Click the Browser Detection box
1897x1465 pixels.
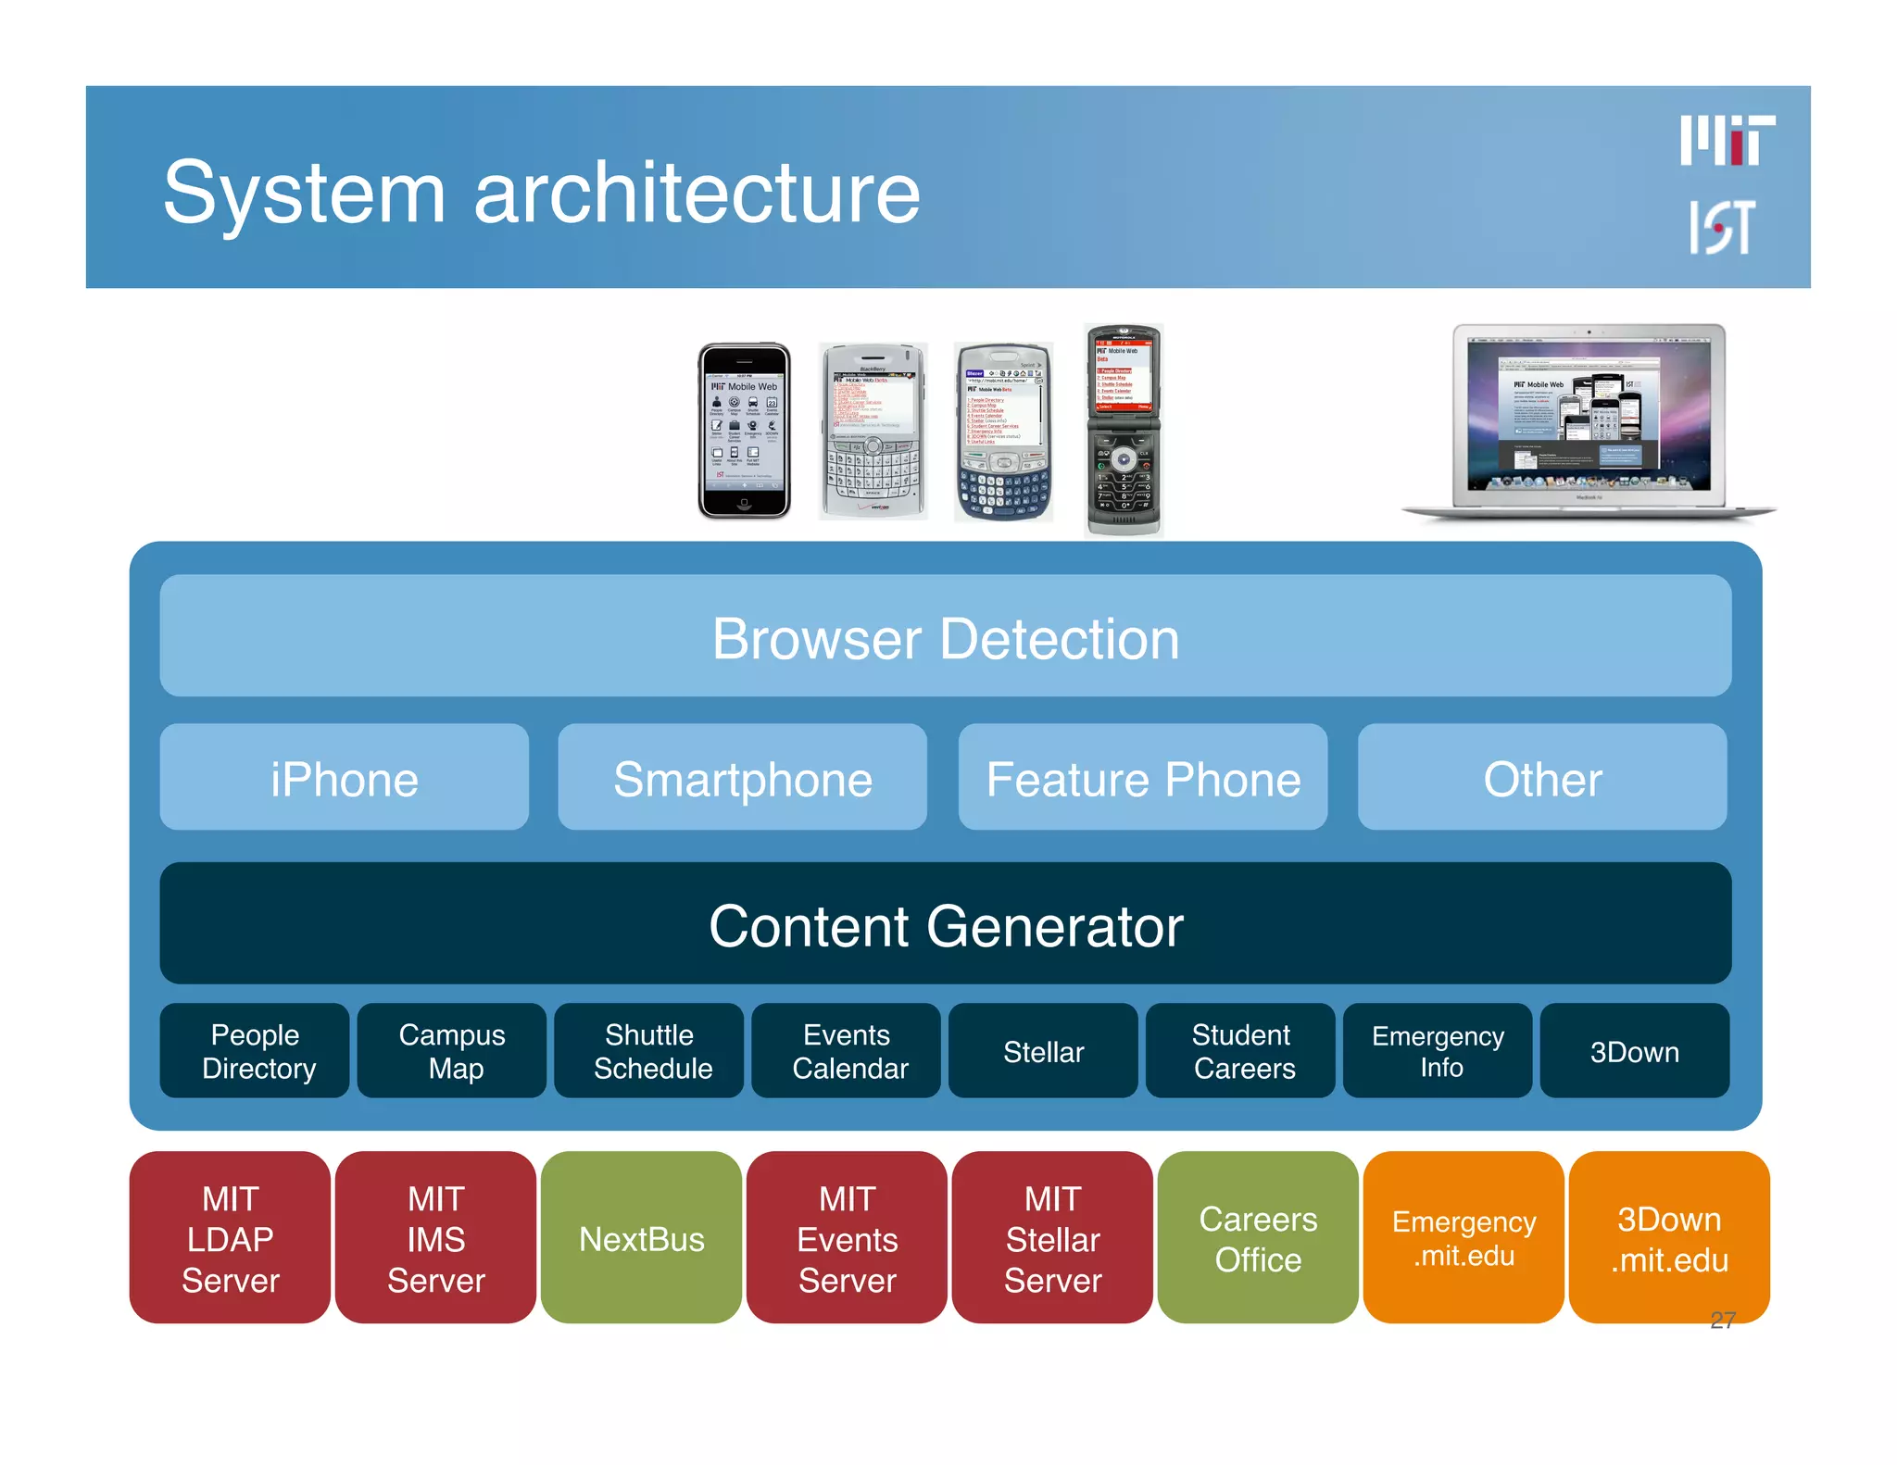945,637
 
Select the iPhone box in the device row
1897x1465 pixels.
344,778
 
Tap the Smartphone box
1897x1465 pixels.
742,778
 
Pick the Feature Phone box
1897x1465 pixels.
1142,778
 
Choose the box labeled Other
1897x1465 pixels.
1541,778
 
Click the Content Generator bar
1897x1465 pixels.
945,924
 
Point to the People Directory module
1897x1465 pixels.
255,1051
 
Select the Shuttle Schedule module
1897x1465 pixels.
649,1051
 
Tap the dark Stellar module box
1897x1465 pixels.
1043,1051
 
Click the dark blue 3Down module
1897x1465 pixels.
1634,1051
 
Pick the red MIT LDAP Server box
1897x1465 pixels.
230,1238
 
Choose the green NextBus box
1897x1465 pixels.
641,1238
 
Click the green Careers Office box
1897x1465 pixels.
1258,1238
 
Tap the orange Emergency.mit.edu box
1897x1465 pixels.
1464,1238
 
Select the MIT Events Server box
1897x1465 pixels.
847,1238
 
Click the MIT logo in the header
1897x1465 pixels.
1727,141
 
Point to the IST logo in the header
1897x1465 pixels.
1721,227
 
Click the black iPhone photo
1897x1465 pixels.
744,431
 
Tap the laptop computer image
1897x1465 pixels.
1589,421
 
